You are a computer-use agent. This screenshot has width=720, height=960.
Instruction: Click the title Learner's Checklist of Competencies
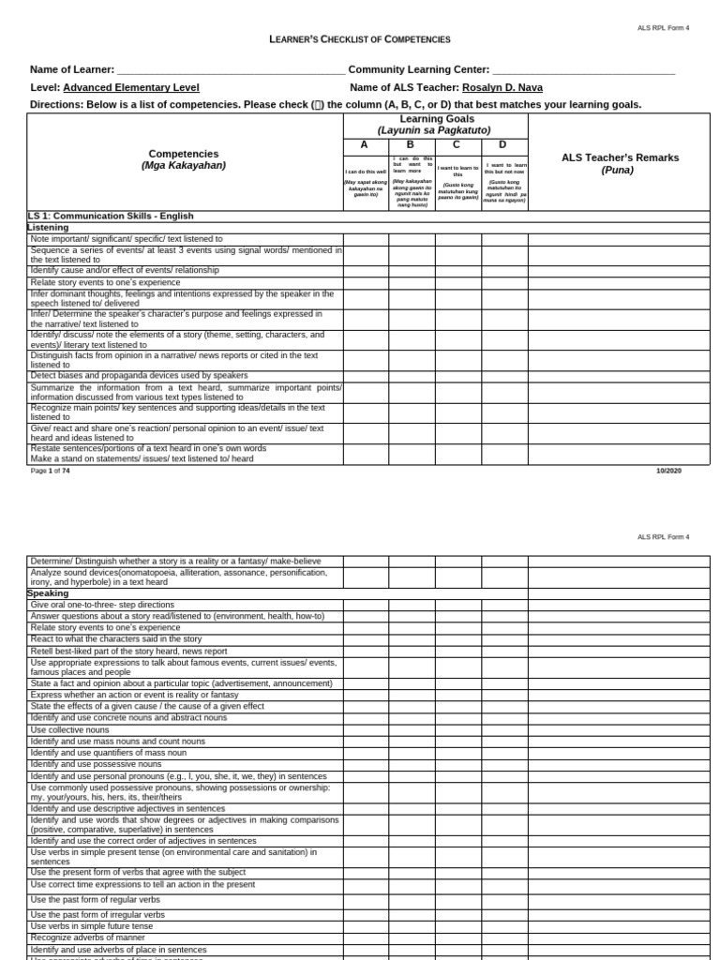[360, 39]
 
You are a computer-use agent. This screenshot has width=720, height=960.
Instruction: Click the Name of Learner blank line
[231, 70]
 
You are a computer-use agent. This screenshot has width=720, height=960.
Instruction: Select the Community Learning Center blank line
[583, 70]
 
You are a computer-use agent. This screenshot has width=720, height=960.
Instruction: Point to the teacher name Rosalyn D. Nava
[502, 87]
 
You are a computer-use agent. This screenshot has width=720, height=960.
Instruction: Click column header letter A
[366, 144]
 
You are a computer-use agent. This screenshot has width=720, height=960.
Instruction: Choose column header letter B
[411, 144]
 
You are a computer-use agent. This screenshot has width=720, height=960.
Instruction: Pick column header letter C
[457, 144]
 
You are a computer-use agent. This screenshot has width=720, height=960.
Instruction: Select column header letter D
[503, 144]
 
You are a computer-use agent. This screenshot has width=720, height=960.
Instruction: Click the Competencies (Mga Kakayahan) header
[184, 159]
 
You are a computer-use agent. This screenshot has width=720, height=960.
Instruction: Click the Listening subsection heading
[48, 228]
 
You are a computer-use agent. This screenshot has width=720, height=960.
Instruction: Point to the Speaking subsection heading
[48, 593]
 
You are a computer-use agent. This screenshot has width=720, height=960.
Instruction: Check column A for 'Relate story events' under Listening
[366, 281]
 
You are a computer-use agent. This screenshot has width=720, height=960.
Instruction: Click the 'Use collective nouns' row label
[70, 729]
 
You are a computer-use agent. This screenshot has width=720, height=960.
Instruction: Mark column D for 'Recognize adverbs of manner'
[504, 937]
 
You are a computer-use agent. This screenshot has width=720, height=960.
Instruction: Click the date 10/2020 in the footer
[668, 471]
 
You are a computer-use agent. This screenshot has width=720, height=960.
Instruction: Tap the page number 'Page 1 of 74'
[51, 471]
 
